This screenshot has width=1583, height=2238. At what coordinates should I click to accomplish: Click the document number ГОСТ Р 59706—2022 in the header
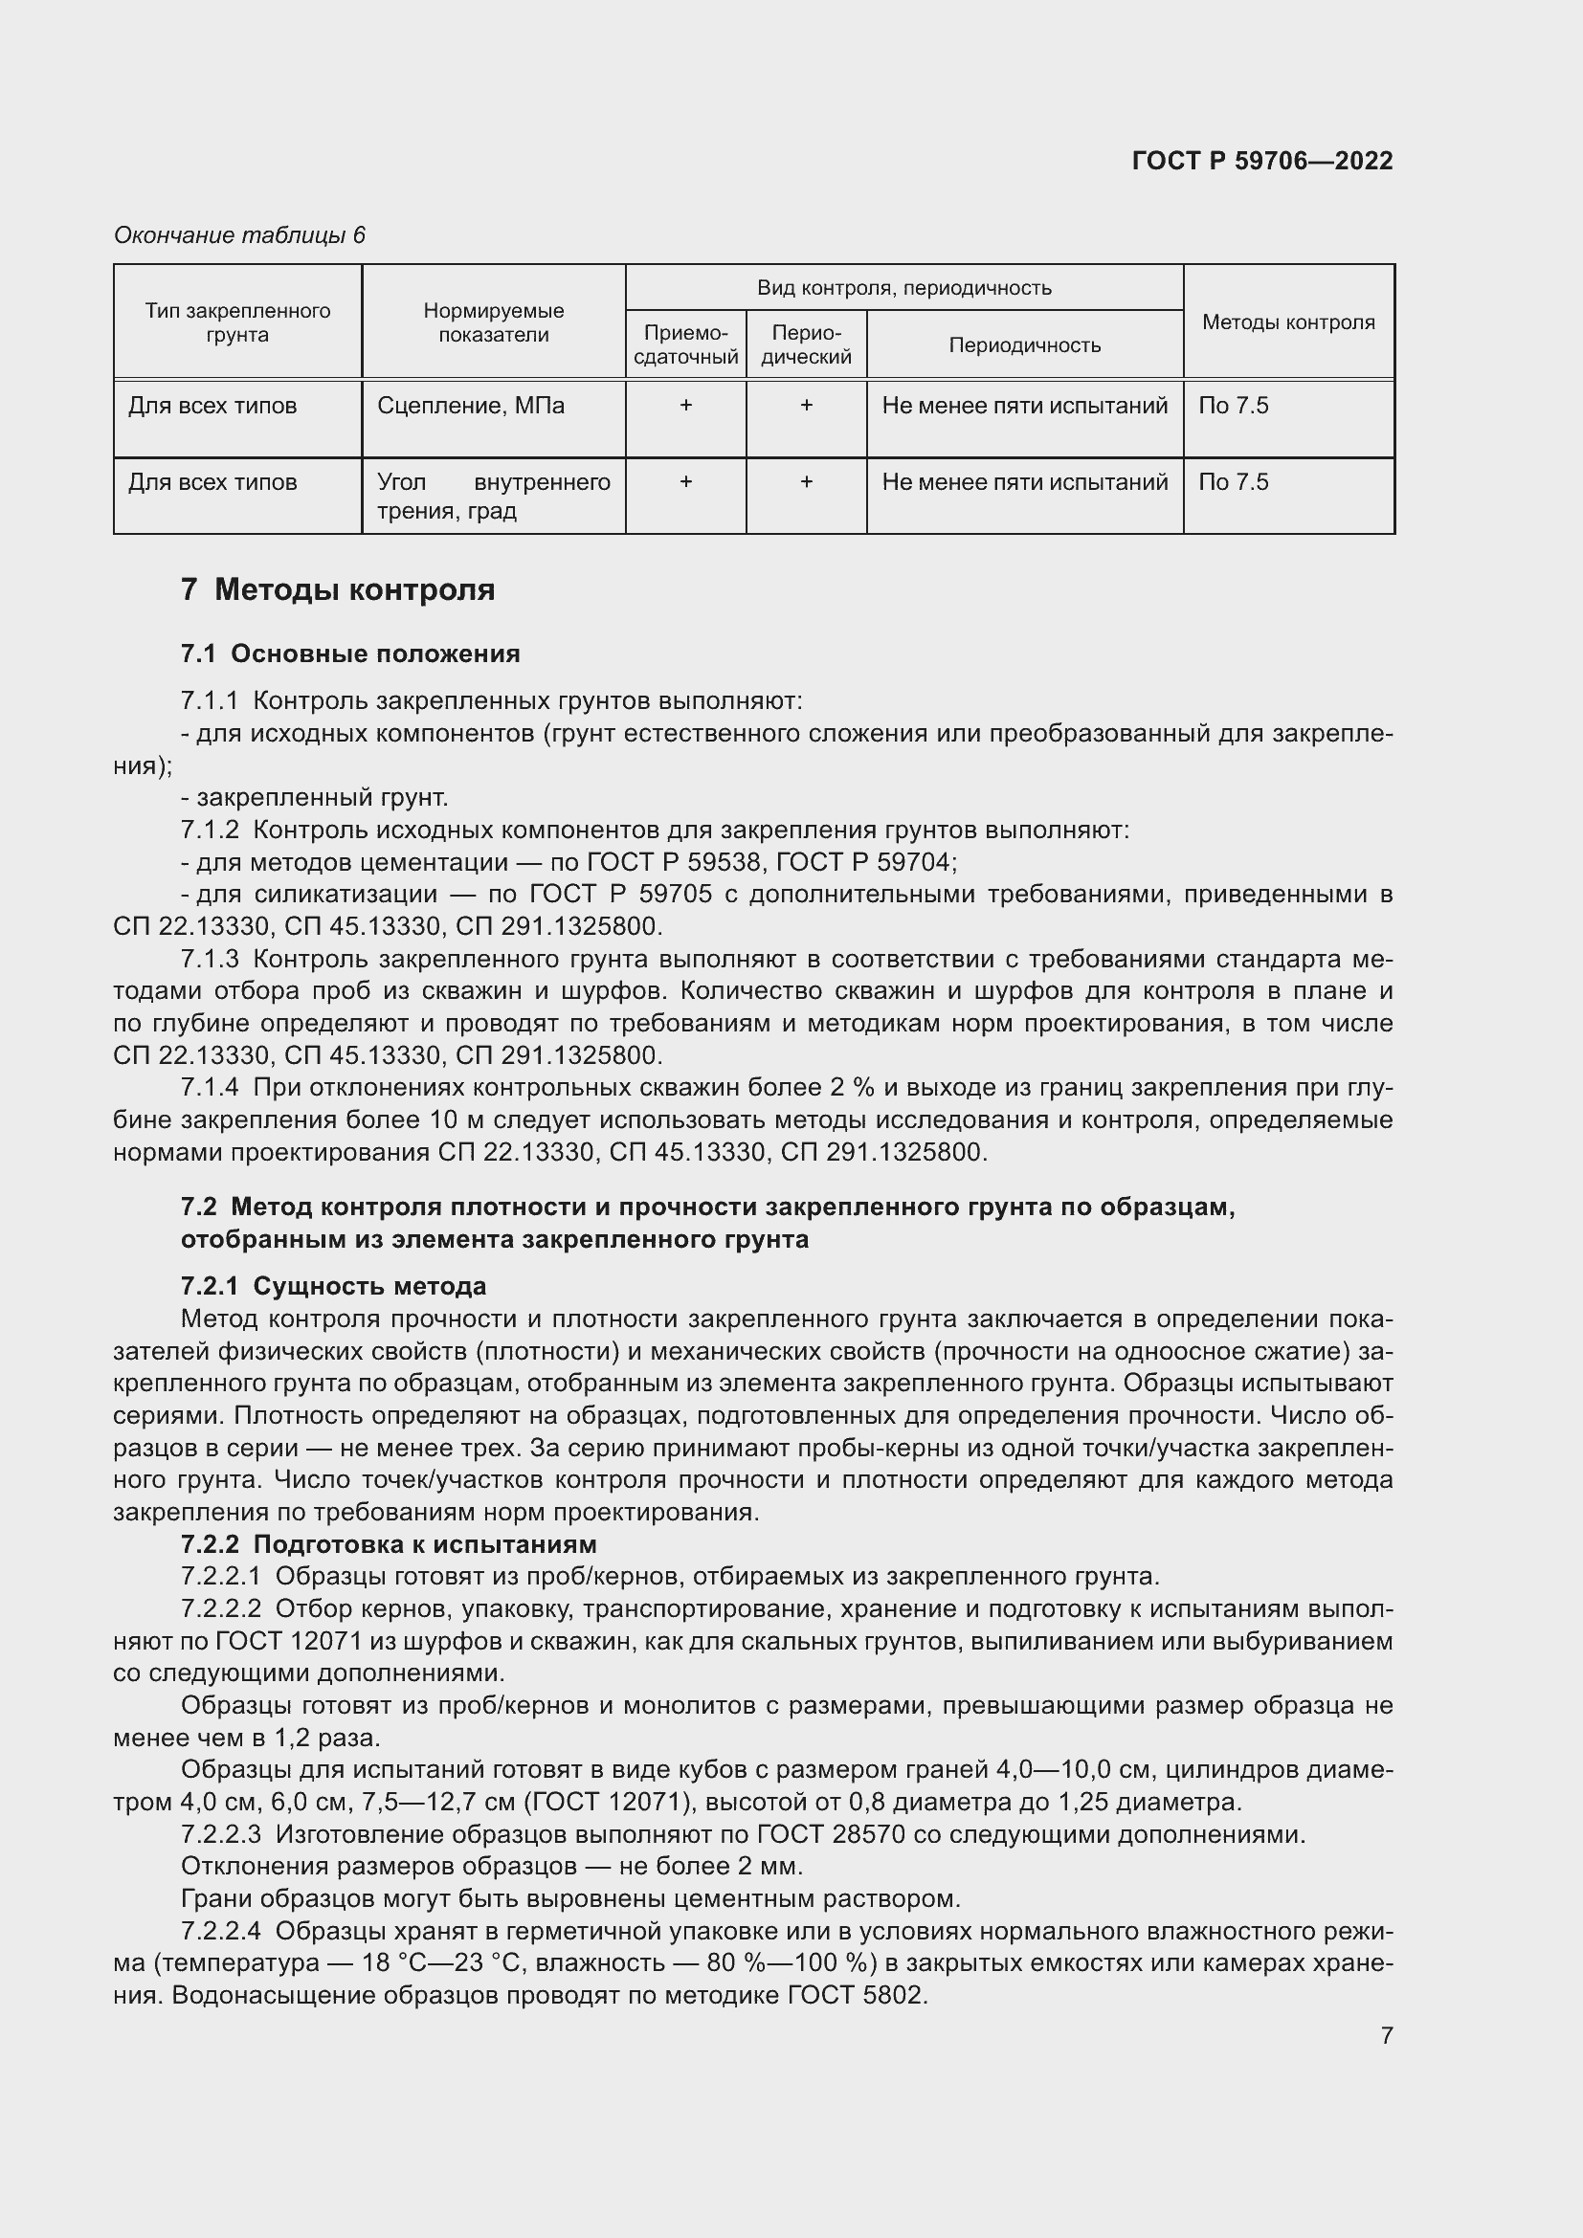pyautogui.click(x=1261, y=161)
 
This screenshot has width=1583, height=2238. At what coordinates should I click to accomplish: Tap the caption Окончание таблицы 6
pyautogui.click(x=239, y=235)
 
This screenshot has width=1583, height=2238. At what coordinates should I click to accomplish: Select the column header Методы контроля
pyautogui.click(x=1287, y=322)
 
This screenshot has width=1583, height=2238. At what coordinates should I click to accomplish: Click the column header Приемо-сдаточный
pyautogui.click(x=685, y=345)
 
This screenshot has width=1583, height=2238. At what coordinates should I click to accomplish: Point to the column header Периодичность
pyautogui.click(x=1024, y=345)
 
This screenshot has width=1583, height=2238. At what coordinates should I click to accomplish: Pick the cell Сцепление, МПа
pyautogui.click(x=470, y=406)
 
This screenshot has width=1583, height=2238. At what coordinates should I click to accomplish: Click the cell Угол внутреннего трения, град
pyautogui.click(x=493, y=497)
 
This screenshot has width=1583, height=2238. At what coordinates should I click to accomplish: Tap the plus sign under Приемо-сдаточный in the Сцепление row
pyautogui.click(x=685, y=406)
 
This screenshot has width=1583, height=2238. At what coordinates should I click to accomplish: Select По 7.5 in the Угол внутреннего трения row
pyautogui.click(x=1233, y=482)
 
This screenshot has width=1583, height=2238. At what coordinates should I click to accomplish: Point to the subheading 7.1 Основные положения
pyautogui.click(x=350, y=654)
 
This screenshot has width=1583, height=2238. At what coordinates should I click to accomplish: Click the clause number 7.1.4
pyautogui.click(x=209, y=1088)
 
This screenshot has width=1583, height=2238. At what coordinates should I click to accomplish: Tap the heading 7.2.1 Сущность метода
pyautogui.click(x=333, y=1287)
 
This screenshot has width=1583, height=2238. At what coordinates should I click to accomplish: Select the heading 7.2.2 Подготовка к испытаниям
pyautogui.click(x=388, y=1545)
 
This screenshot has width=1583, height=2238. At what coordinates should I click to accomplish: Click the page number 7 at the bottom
pyautogui.click(x=1386, y=2035)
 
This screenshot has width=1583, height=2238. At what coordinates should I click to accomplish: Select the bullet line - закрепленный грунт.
pyautogui.click(x=314, y=798)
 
